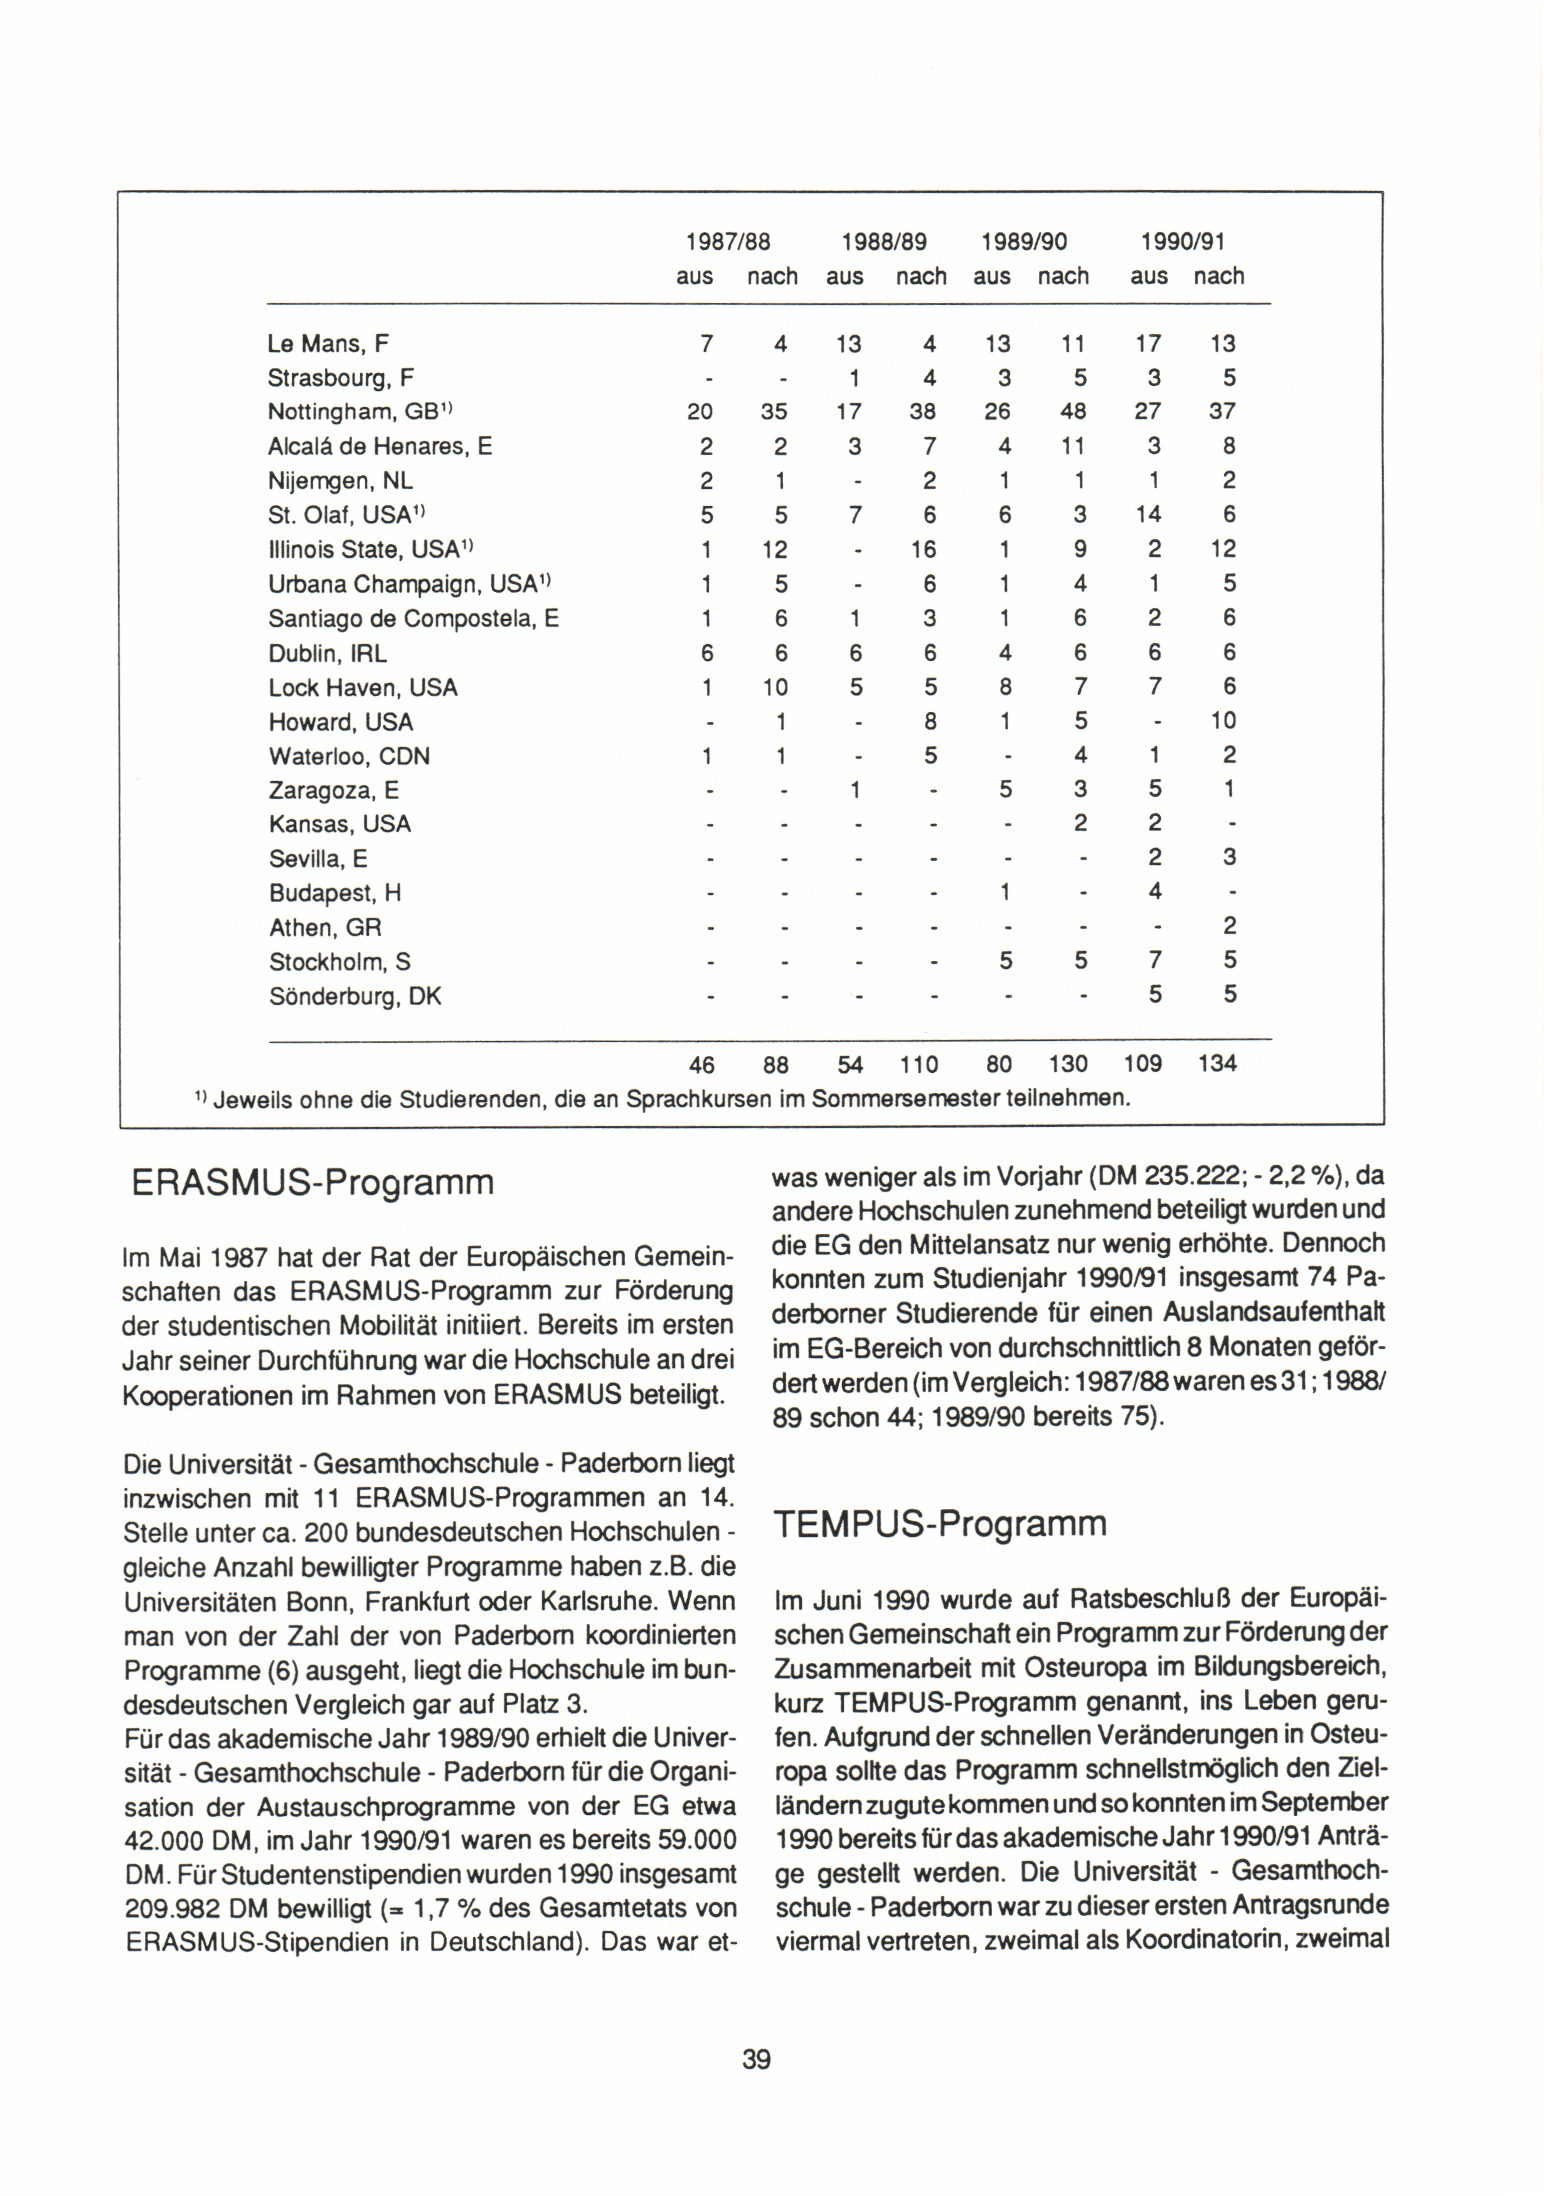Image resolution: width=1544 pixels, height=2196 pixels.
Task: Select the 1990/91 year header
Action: click(1183, 241)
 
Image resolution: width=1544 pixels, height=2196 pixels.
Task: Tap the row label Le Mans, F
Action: click(328, 343)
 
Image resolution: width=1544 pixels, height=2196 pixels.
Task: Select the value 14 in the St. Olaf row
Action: click(1147, 515)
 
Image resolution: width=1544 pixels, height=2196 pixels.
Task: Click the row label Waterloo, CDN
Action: click(349, 756)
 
